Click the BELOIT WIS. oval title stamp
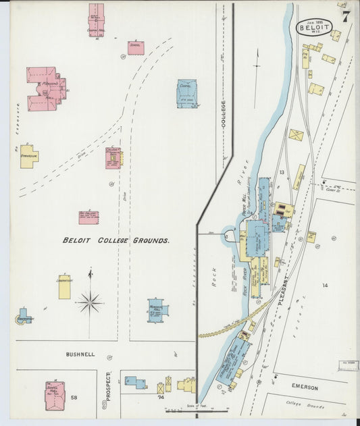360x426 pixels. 314,28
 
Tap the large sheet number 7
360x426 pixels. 345,17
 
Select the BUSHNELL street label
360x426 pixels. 80,354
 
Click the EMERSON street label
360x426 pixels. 305,387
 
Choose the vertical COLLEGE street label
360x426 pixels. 224,112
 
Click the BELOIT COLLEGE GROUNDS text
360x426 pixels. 115,240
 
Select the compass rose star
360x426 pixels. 90,302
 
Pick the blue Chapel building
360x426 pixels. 187,94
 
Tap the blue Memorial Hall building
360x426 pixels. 158,311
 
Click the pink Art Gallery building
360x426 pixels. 88,217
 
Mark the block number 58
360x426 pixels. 74,398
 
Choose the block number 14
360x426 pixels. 324,286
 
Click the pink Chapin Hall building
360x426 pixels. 97,20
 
